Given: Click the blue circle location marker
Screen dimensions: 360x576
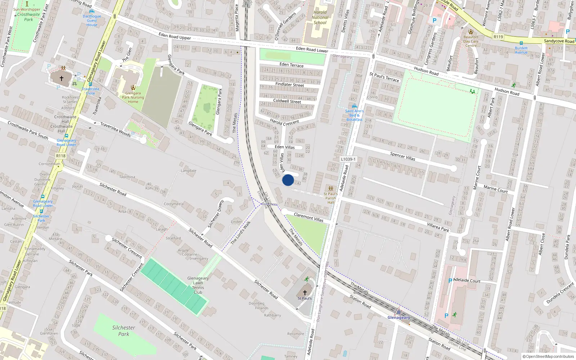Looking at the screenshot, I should coord(288,180).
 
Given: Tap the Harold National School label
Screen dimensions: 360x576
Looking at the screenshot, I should coord(320,17).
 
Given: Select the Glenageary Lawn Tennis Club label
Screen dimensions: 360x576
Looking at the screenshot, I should coord(198,285).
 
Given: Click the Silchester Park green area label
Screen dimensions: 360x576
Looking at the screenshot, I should coord(123,331).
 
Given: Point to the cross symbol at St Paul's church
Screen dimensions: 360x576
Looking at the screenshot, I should coord(305,293).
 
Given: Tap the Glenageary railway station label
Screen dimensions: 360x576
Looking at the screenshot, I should coord(399,318).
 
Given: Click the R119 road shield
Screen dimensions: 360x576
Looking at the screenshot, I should coord(498,37).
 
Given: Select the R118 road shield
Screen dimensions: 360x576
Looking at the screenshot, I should coord(61,156).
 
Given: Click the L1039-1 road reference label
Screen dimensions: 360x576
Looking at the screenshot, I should coord(348,159).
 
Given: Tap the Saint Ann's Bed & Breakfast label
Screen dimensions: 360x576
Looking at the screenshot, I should coord(354,115).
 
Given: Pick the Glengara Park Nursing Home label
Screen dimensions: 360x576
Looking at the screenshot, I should coord(133,97).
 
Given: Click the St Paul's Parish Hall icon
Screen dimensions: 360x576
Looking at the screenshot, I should coord(330,189).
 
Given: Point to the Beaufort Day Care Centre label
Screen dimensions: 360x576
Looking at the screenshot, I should coord(471,41).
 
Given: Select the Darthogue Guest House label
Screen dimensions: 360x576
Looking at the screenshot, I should coord(92,21).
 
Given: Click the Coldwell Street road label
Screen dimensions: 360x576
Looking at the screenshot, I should coord(287,101).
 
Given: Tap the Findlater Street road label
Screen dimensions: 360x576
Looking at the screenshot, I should coord(289,85).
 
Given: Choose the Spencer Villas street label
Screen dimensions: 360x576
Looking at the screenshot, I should coord(402,156).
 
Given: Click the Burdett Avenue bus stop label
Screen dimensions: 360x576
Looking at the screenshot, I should coord(521,50).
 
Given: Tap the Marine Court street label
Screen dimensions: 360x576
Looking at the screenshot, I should coord(495,189).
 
